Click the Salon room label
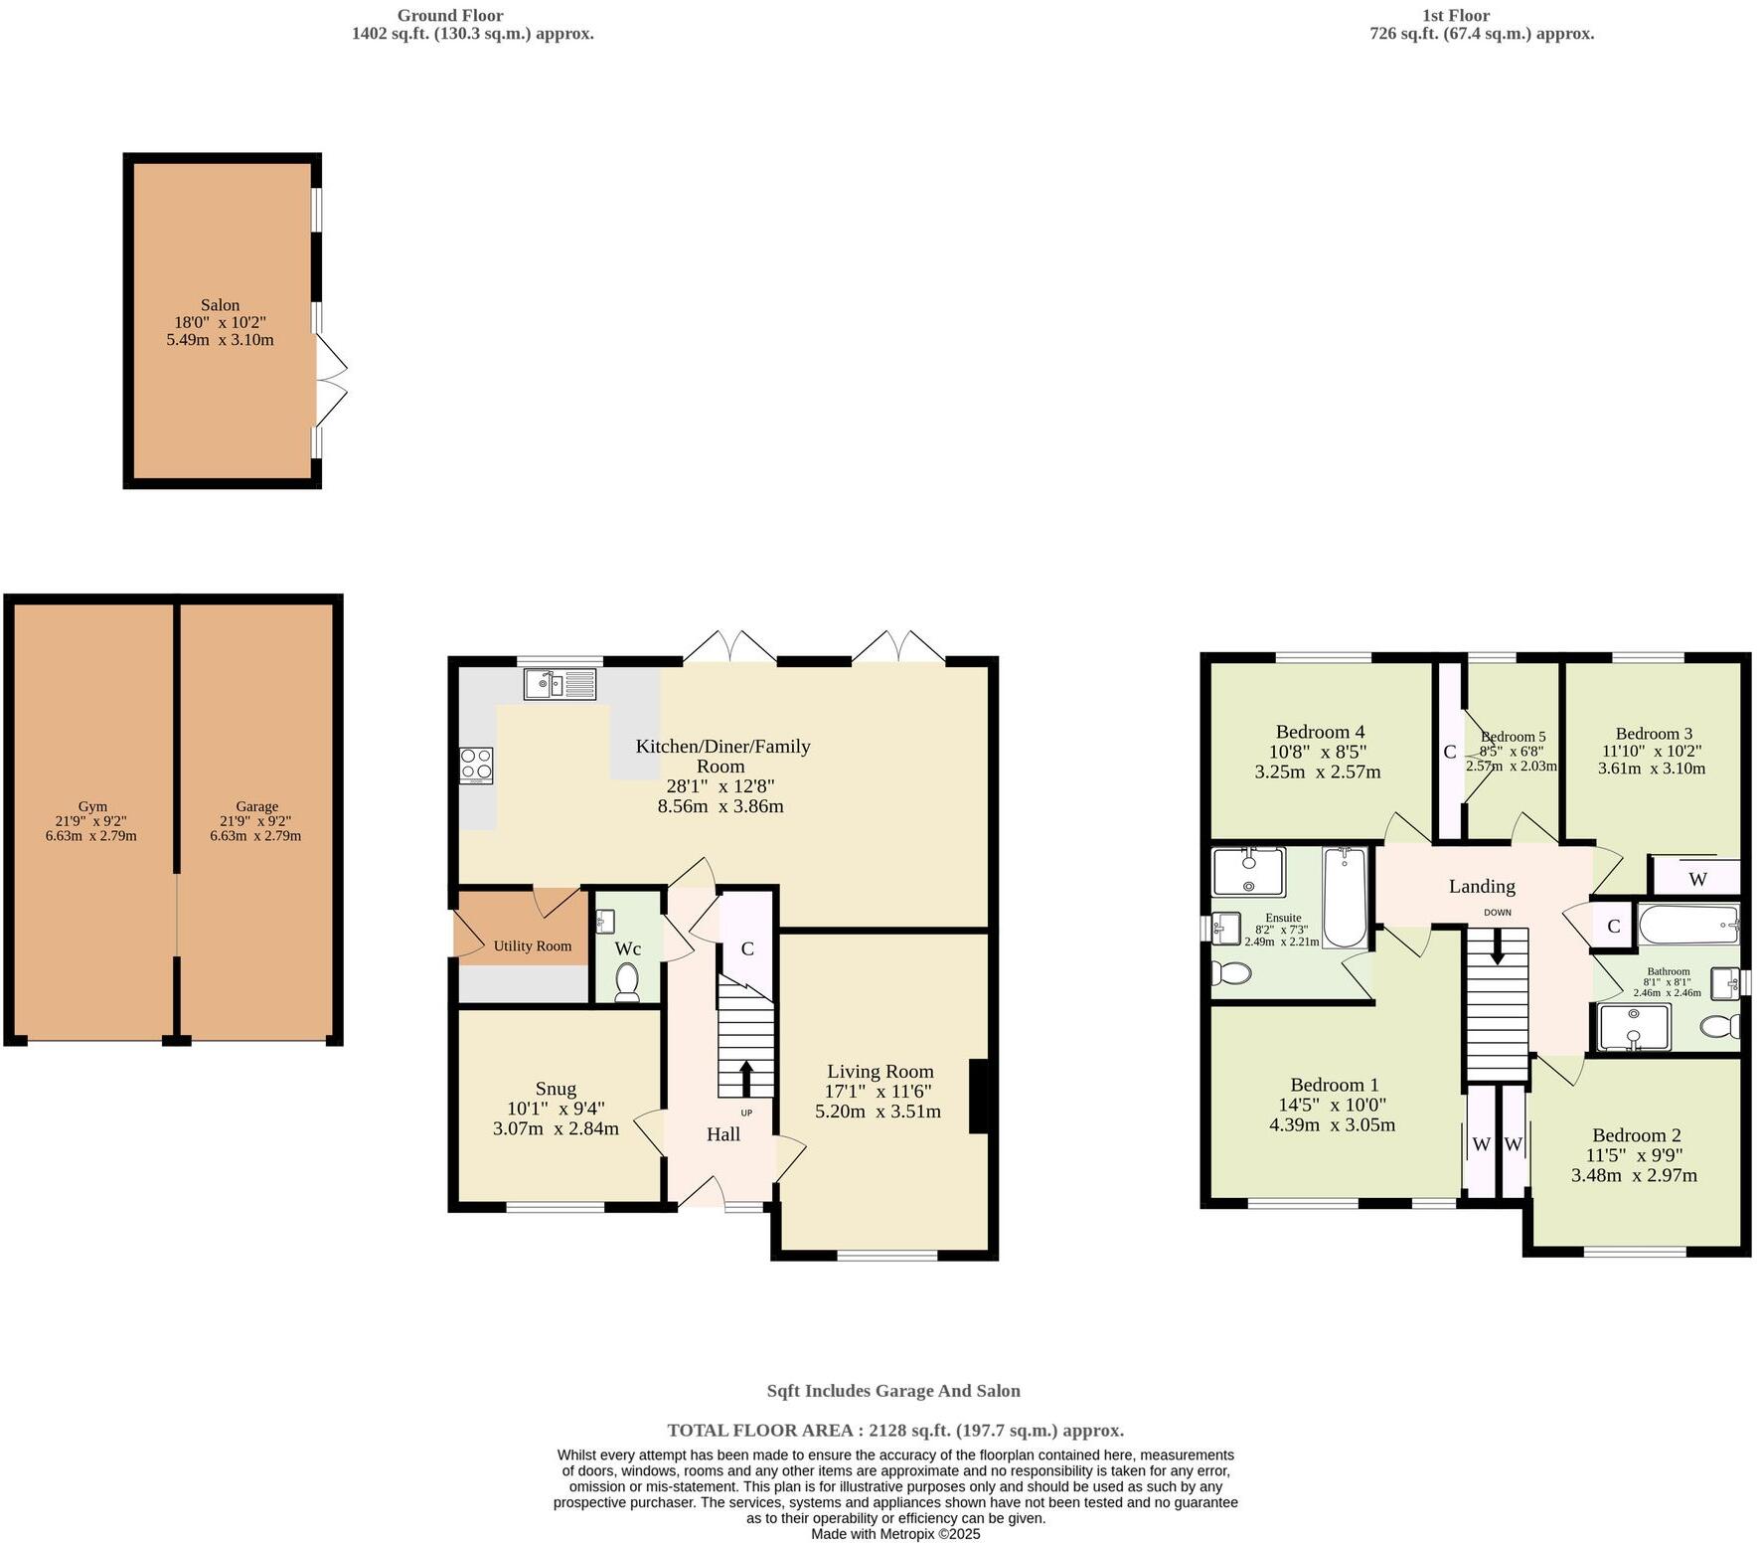point(220,305)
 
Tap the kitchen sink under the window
point(559,683)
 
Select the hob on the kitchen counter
point(476,766)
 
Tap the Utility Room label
point(533,945)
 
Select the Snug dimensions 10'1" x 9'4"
point(556,1109)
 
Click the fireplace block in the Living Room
point(979,1096)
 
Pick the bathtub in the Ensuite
point(1345,896)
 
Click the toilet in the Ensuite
point(1230,972)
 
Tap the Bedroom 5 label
point(1513,737)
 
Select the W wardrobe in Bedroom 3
point(1697,879)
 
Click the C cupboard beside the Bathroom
point(1614,927)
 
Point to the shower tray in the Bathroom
point(1633,1027)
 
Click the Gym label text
point(92,806)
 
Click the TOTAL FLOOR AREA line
point(895,1431)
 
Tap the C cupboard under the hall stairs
point(747,947)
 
